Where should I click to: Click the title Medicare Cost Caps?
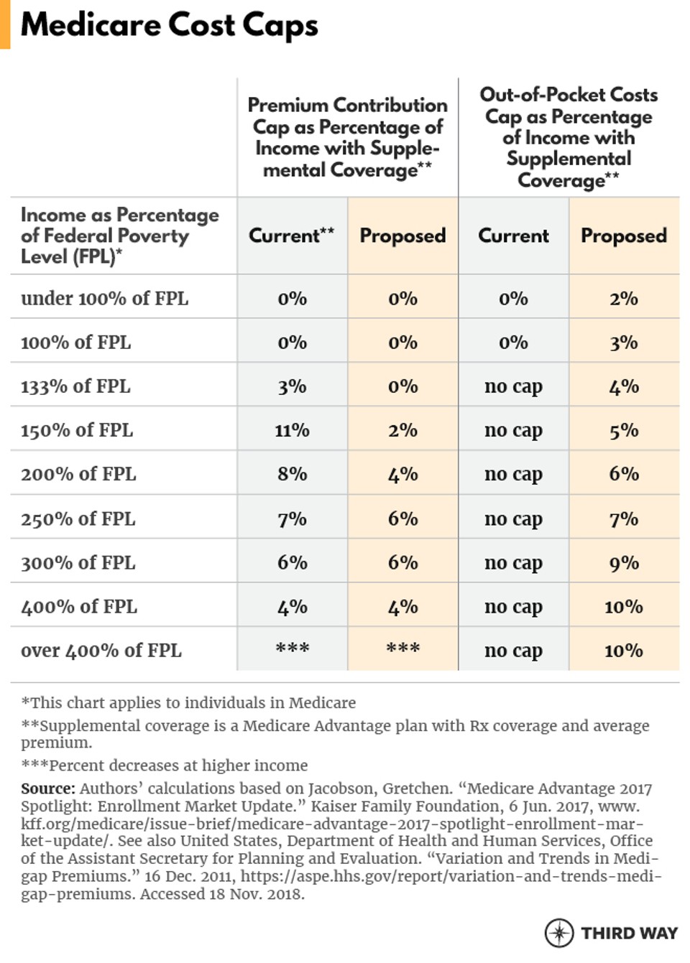point(169,25)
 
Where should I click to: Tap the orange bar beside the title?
point(5,24)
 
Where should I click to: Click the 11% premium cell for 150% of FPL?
point(292,430)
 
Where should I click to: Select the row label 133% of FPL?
point(75,386)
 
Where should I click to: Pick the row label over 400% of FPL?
point(101,651)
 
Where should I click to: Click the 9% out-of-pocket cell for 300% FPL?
point(623,563)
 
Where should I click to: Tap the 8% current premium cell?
point(292,474)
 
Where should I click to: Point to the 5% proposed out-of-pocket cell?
point(623,430)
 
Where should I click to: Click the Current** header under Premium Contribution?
point(291,236)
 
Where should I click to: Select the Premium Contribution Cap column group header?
point(347,137)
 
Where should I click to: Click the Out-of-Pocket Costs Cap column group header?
point(568,137)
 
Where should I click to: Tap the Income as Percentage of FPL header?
point(119,236)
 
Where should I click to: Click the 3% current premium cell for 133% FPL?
point(292,386)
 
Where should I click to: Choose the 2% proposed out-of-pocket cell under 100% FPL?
point(623,299)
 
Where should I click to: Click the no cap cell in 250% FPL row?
point(513,518)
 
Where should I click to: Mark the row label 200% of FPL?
point(78,474)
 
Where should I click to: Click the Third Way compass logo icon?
point(558,932)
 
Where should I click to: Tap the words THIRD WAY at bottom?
point(629,933)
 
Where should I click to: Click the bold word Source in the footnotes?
point(47,788)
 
